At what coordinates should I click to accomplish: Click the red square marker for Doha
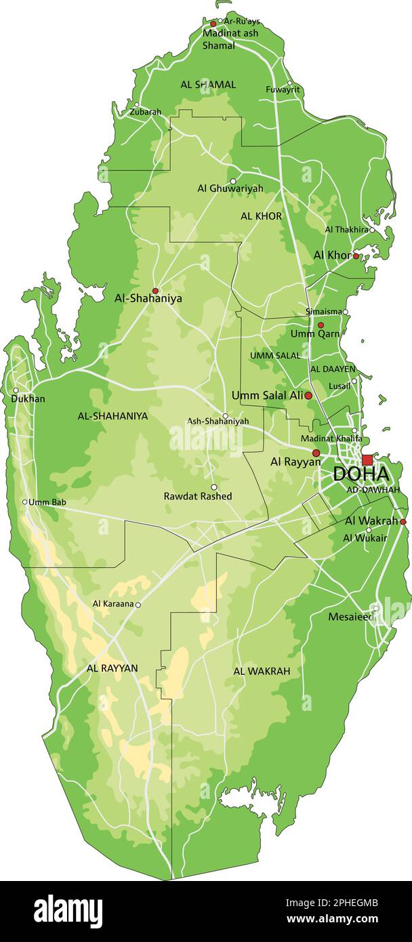[367, 460]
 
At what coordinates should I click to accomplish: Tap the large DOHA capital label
[360, 474]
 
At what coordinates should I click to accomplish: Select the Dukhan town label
[28, 399]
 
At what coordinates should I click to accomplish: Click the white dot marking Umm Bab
[25, 502]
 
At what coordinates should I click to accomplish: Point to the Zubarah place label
[146, 112]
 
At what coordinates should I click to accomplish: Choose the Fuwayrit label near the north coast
[283, 89]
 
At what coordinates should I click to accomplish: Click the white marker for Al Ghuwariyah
[233, 181]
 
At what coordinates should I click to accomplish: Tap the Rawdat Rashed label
[198, 496]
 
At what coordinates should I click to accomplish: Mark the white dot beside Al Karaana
[138, 605]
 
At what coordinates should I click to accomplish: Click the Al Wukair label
[365, 538]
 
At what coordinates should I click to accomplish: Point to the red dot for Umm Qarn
[321, 325]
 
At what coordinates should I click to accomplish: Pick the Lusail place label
[339, 385]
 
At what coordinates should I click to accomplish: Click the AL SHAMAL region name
[208, 85]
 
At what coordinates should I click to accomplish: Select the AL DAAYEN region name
[333, 369]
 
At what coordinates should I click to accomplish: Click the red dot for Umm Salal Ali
[308, 395]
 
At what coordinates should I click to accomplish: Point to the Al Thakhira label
[347, 230]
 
